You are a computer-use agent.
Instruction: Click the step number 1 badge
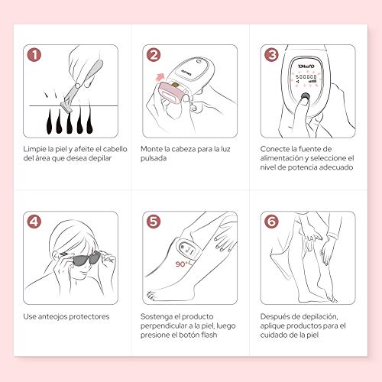click(x=34, y=55)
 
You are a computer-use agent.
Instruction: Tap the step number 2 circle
click(x=154, y=55)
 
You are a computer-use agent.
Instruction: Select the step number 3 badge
click(x=272, y=55)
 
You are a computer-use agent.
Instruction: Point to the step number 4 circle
click(x=34, y=222)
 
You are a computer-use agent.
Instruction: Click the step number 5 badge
click(x=154, y=222)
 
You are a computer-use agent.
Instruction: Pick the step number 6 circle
click(x=272, y=222)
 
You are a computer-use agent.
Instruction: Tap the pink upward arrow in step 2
click(x=160, y=77)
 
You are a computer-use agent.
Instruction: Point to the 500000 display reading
click(x=306, y=76)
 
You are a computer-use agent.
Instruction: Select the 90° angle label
click(x=182, y=264)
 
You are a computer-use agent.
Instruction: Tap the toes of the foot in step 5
click(x=152, y=296)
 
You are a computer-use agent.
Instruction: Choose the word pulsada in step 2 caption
click(x=154, y=158)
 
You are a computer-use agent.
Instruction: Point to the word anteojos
click(x=53, y=317)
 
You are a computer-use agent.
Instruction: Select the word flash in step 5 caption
click(x=209, y=335)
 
